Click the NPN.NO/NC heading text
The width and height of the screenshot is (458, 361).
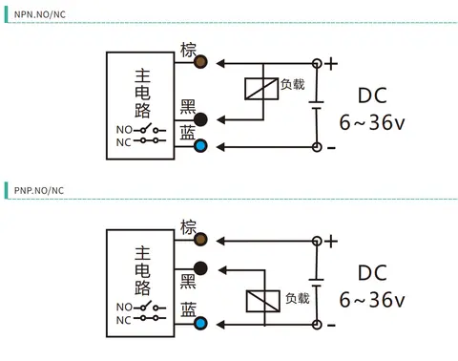40,14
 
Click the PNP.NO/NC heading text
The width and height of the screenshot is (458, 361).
39,191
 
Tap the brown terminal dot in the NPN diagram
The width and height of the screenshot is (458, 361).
200,62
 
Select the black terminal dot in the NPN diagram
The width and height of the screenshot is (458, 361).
200,119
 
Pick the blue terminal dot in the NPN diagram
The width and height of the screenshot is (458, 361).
200,146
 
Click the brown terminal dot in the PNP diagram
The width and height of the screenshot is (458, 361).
200,240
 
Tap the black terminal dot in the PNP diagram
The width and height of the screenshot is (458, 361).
200,268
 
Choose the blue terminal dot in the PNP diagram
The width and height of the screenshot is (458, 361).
200,324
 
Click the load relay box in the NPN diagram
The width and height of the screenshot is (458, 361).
261,89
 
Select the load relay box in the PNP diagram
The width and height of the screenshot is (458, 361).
263,301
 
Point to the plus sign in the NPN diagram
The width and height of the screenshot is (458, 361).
331,64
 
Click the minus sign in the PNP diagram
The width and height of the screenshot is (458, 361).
331,326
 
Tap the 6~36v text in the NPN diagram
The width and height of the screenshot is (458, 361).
372,122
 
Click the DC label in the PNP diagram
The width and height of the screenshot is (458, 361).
372,273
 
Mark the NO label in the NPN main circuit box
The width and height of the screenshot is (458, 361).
124,130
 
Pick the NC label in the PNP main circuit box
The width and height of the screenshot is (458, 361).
124,320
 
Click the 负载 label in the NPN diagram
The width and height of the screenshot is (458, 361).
293,84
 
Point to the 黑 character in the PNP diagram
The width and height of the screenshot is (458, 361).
188,281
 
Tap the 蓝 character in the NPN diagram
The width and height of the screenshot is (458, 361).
188,133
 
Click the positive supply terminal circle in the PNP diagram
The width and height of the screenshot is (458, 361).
317,241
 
